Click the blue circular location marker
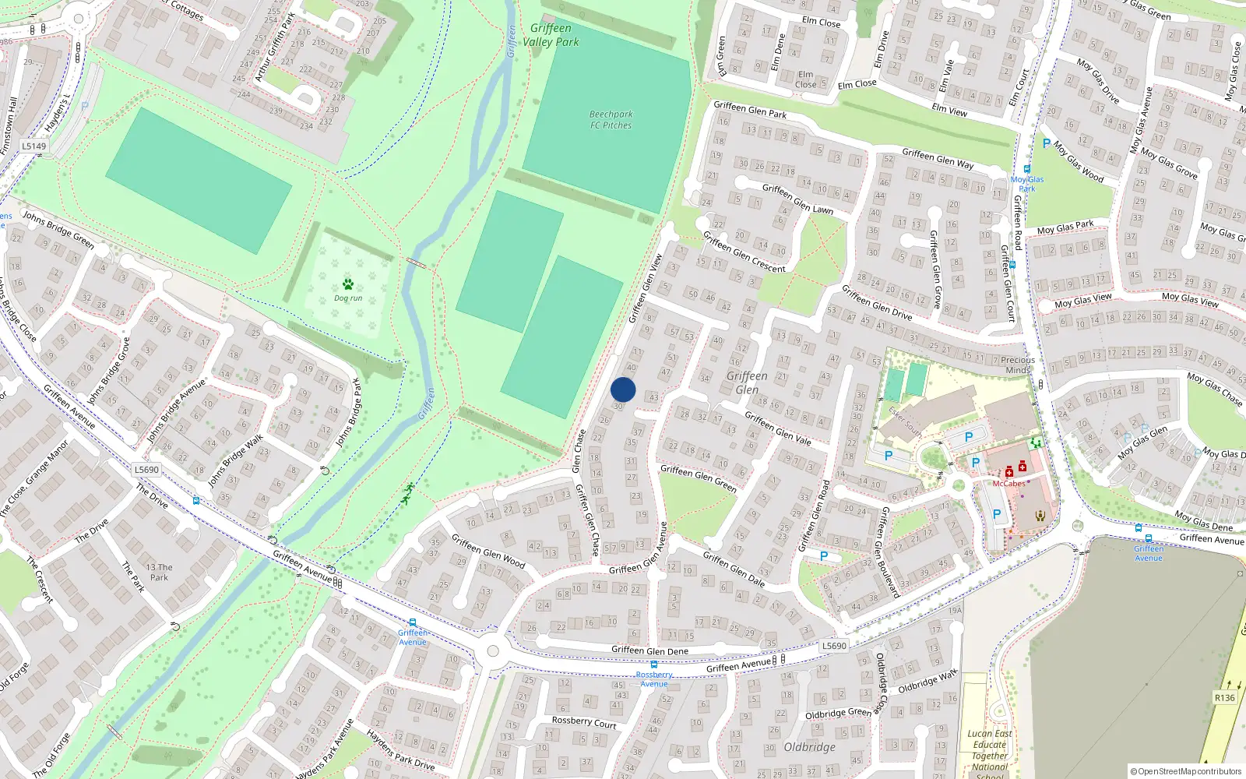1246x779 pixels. [x=623, y=389]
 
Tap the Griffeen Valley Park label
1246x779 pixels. [x=551, y=35]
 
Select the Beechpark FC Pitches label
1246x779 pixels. [x=611, y=119]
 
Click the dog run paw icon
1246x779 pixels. [x=347, y=284]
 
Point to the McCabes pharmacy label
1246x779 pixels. [x=1008, y=484]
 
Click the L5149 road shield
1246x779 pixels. [x=33, y=146]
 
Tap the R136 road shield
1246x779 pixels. [x=1224, y=697]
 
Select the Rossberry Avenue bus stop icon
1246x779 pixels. [x=654, y=664]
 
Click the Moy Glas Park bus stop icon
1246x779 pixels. [x=1027, y=168]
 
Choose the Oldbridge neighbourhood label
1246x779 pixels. [x=809, y=747]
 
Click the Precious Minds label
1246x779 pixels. [x=1018, y=365]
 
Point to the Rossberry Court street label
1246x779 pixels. [x=584, y=722]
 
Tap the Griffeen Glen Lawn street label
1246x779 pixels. [x=797, y=199]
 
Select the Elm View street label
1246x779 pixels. [x=949, y=110]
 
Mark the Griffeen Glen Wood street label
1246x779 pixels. [x=488, y=551]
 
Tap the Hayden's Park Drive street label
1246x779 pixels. [x=400, y=749]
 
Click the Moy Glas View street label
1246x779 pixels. [x=1083, y=301]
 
